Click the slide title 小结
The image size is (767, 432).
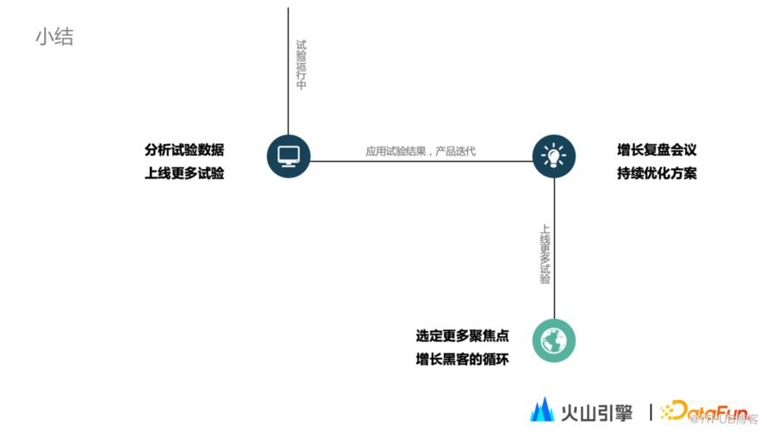point(54,37)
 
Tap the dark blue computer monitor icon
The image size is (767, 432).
point(288,156)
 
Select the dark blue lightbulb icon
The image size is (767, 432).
point(553,156)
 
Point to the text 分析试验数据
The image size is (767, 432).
point(184,150)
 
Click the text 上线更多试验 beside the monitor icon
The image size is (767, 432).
point(184,173)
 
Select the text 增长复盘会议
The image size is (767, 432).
point(657,150)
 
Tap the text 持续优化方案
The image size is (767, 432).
point(657,173)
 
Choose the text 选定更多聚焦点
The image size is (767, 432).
point(462,335)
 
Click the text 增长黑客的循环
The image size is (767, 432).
point(462,359)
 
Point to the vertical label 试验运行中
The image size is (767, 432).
point(301,65)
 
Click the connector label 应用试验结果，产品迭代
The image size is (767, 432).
point(421,151)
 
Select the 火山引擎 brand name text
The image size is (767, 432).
point(596,410)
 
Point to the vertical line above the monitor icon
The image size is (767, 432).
point(288,69)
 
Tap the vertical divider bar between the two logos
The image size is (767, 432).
point(650,410)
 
